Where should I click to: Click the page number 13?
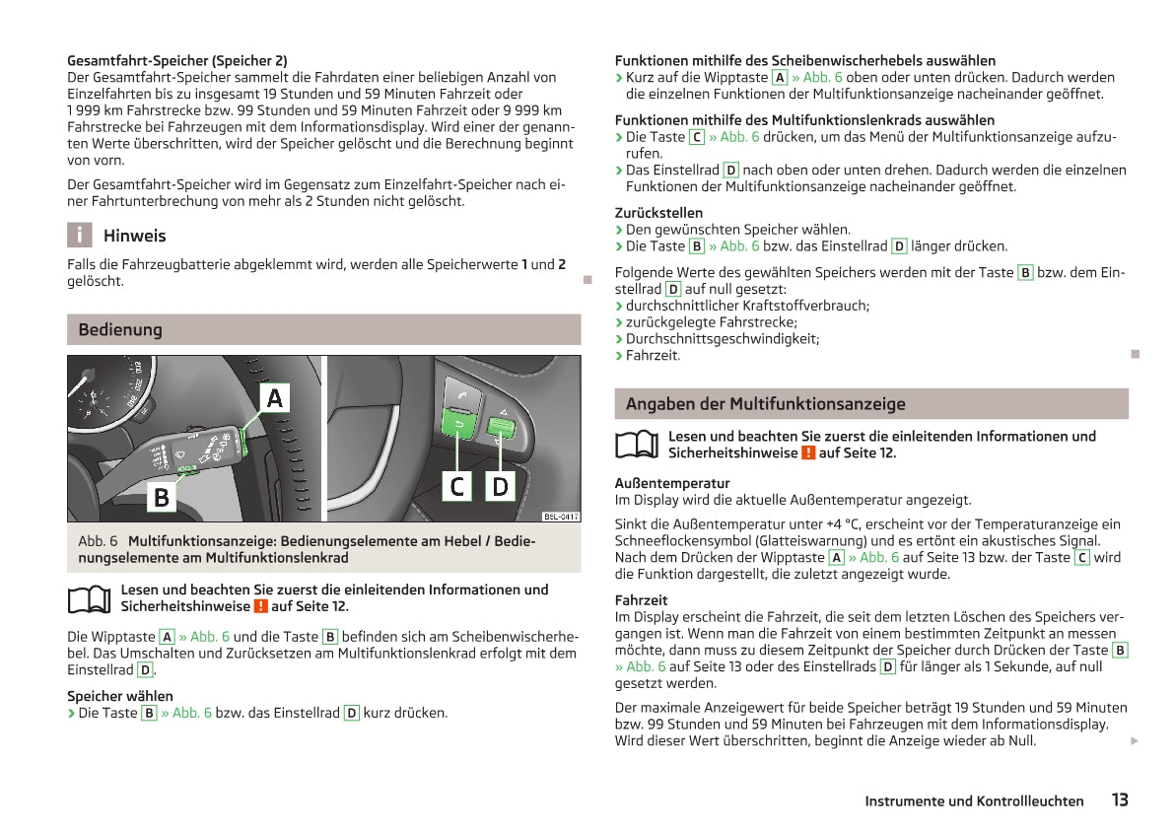(x=1119, y=799)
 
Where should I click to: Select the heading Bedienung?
(x=120, y=329)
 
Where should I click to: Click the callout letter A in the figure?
(x=275, y=398)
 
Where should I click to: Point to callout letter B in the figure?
(x=161, y=498)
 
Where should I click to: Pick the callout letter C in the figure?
(x=457, y=486)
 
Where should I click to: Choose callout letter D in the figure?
(x=501, y=486)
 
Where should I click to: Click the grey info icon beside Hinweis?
(x=79, y=236)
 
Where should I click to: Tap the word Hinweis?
(x=134, y=236)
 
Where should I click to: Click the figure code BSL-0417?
(x=561, y=517)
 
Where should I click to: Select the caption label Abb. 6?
(x=98, y=541)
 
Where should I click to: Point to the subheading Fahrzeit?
(x=641, y=599)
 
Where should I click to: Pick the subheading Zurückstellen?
(x=658, y=212)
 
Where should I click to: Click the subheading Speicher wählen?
(x=119, y=696)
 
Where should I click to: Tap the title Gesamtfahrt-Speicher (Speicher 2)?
(x=176, y=60)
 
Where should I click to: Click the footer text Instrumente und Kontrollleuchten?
(x=974, y=801)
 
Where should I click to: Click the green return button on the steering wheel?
(x=458, y=424)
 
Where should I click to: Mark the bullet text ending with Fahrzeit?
(x=653, y=355)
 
